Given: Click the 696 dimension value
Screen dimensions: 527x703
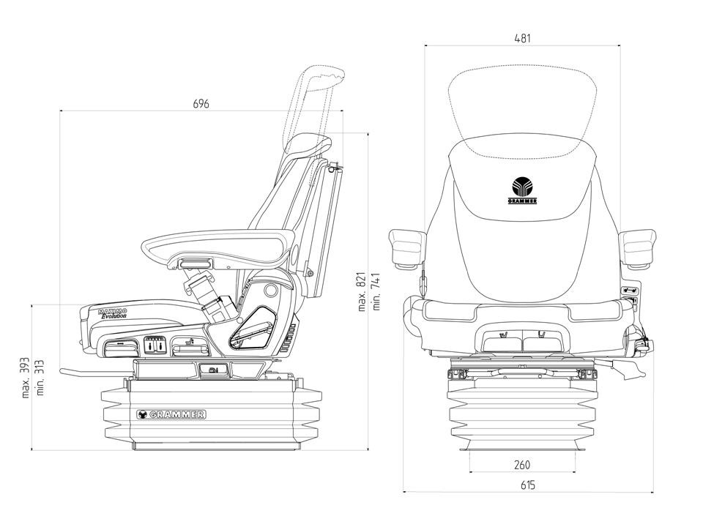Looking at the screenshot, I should click(x=201, y=104).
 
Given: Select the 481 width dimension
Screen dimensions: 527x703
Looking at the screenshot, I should click(x=522, y=38).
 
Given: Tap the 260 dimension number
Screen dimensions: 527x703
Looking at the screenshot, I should click(x=522, y=464).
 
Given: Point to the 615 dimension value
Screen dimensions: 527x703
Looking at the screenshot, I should click(x=527, y=485).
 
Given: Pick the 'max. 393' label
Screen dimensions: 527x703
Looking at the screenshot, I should click(x=26, y=378).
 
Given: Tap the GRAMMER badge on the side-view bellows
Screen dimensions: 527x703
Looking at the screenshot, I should click(x=171, y=414).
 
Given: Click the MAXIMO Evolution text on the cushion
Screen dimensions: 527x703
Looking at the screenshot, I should click(x=113, y=313).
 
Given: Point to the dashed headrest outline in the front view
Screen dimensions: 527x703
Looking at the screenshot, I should click(x=523, y=102).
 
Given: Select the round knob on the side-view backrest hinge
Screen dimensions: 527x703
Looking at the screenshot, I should click(x=270, y=291).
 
